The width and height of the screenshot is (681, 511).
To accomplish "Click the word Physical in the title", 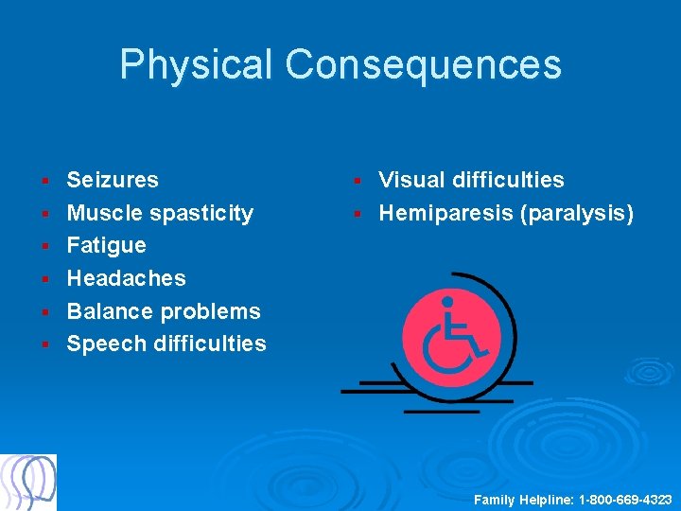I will (x=196, y=65).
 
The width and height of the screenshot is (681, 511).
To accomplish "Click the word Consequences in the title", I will (x=423, y=65).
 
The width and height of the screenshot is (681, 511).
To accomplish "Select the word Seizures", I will (x=113, y=180).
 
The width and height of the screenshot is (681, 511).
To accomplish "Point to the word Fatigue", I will (x=106, y=245).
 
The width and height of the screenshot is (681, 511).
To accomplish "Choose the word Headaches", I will (x=126, y=278).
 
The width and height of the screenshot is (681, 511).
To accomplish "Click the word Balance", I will (x=110, y=311).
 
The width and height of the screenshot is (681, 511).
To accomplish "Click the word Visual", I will (x=411, y=180).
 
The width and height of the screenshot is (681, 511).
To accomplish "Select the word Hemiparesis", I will (x=446, y=213).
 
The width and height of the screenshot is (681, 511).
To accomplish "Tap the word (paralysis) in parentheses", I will (x=577, y=213).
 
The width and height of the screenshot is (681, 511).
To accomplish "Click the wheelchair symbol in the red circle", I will (x=451, y=336).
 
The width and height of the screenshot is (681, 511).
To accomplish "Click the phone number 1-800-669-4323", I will (x=625, y=499).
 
